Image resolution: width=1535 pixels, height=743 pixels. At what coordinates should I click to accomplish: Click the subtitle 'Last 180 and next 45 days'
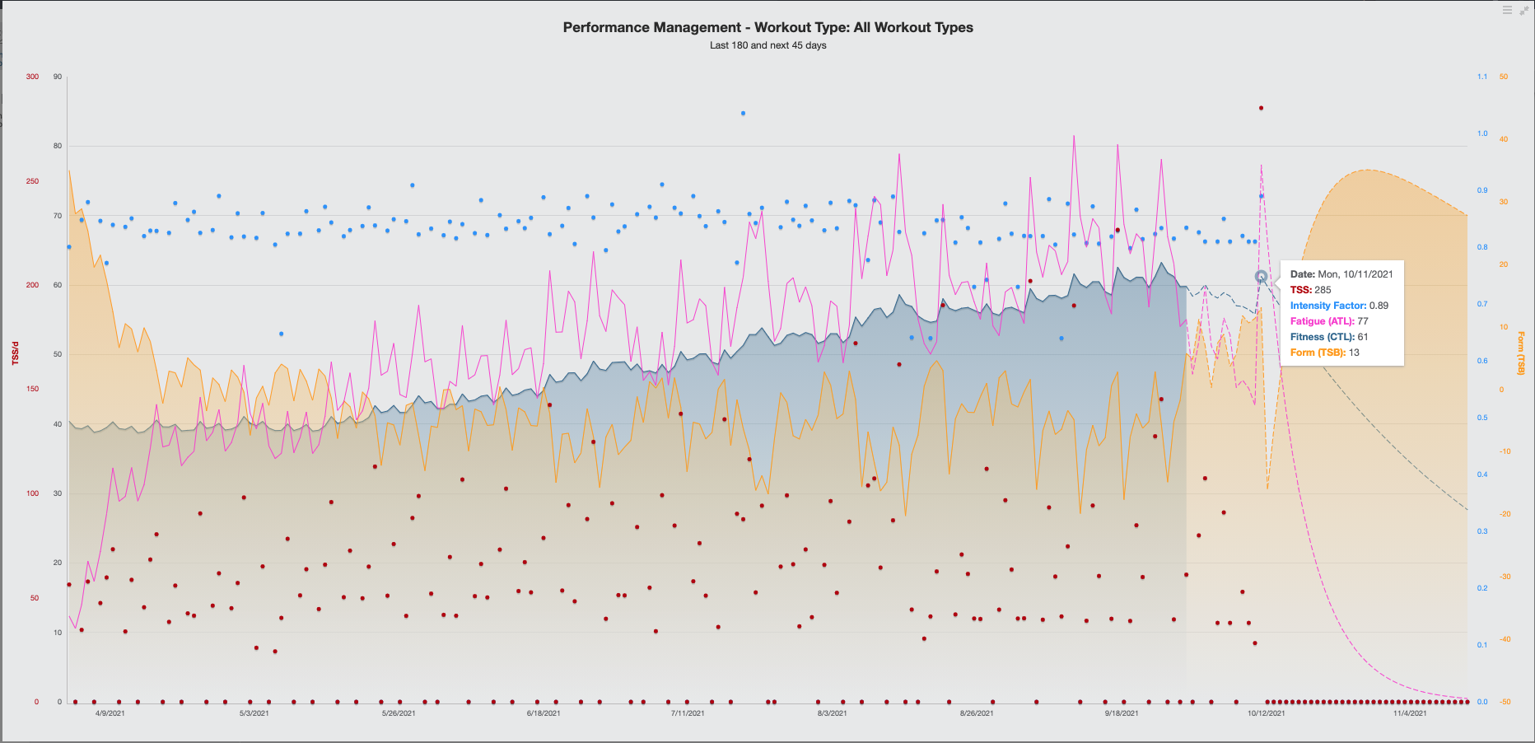click(x=767, y=45)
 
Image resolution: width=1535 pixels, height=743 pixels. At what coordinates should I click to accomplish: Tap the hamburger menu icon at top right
click(x=1507, y=10)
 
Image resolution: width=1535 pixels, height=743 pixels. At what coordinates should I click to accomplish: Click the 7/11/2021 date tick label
click(x=688, y=713)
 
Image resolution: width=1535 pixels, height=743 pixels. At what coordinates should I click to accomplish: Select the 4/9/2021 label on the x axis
click(x=110, y=713)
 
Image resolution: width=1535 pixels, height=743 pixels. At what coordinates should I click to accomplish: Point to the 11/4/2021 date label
click(x=1410, y=713)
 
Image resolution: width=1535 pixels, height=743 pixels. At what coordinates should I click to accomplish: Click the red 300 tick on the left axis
click(x=32, y=77)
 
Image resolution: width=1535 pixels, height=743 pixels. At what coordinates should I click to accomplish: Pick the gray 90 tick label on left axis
click(x=58, y=77)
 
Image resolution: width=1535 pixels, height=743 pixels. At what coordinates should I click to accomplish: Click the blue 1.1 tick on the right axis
click(x=1482, y=77)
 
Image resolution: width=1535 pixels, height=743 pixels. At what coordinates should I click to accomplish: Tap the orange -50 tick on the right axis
click(x=1505, y=702)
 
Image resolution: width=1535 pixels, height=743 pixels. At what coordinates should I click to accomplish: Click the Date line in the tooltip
click(x=1341, y=274)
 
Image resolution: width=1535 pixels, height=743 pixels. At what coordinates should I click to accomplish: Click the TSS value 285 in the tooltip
click(x=1323, y=290)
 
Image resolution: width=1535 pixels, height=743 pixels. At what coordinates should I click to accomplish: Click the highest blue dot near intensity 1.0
click(x=743, y=113)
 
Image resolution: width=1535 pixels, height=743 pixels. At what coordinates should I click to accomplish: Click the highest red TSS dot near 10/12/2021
click(x=1261, y=108)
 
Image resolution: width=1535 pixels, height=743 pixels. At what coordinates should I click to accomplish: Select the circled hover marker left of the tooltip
click(x=1261, y=277)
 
